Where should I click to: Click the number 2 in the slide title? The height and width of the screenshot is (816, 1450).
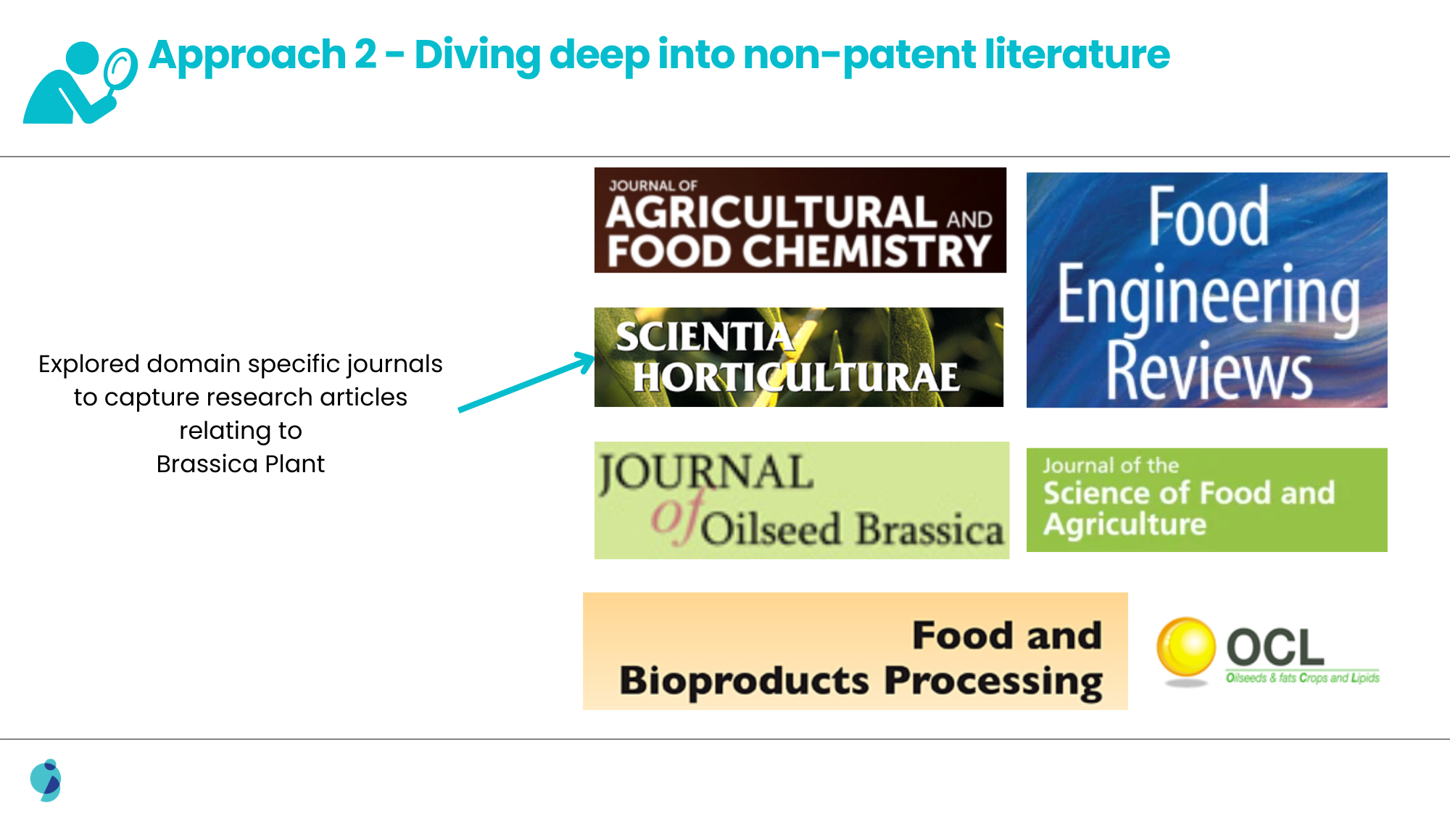click(x=365, y=55)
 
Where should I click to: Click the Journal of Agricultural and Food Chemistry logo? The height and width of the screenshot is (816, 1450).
click(x=800, y=221)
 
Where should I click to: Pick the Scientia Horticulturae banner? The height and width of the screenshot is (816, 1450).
click(x=799, y=357)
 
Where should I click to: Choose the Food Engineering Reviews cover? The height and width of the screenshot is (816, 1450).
click(x=1207, y=290)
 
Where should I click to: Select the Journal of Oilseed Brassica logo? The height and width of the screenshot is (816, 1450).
click(x=802, y=500)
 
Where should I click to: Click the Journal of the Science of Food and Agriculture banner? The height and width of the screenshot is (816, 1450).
click(x=1207, y=500)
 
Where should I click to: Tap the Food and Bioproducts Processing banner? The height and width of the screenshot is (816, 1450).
click(x=855, y=651)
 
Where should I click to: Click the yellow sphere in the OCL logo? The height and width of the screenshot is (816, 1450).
click(x=1185, y=647)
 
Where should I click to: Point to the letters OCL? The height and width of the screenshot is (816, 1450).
click(x=1275, y=648)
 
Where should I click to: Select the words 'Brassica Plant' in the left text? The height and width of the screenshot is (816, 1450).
click(x=241, y=463)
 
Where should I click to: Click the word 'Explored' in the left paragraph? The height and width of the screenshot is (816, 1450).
click(x=88, y=364)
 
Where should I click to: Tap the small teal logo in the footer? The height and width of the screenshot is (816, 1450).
click(x=46, y=780)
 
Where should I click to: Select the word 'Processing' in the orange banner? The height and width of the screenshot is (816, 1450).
click(x=994, y=682)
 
